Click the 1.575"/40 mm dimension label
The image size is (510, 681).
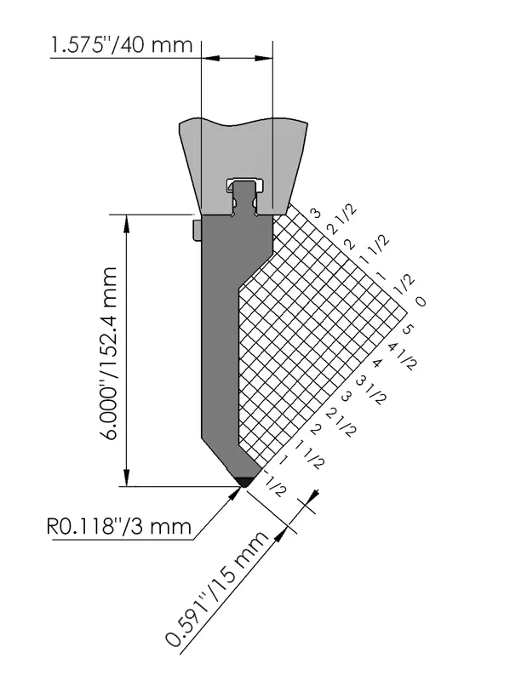tap(121, 45)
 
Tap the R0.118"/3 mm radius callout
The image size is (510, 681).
tap(118, 526)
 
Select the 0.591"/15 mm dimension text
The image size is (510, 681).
tap(216, 588)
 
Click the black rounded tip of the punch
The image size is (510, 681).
tap(244, 481)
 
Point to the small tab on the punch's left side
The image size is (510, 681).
tap(197, 230)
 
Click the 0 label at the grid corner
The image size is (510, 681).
tap(421, 301)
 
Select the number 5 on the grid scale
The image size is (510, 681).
tap(408, 329)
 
